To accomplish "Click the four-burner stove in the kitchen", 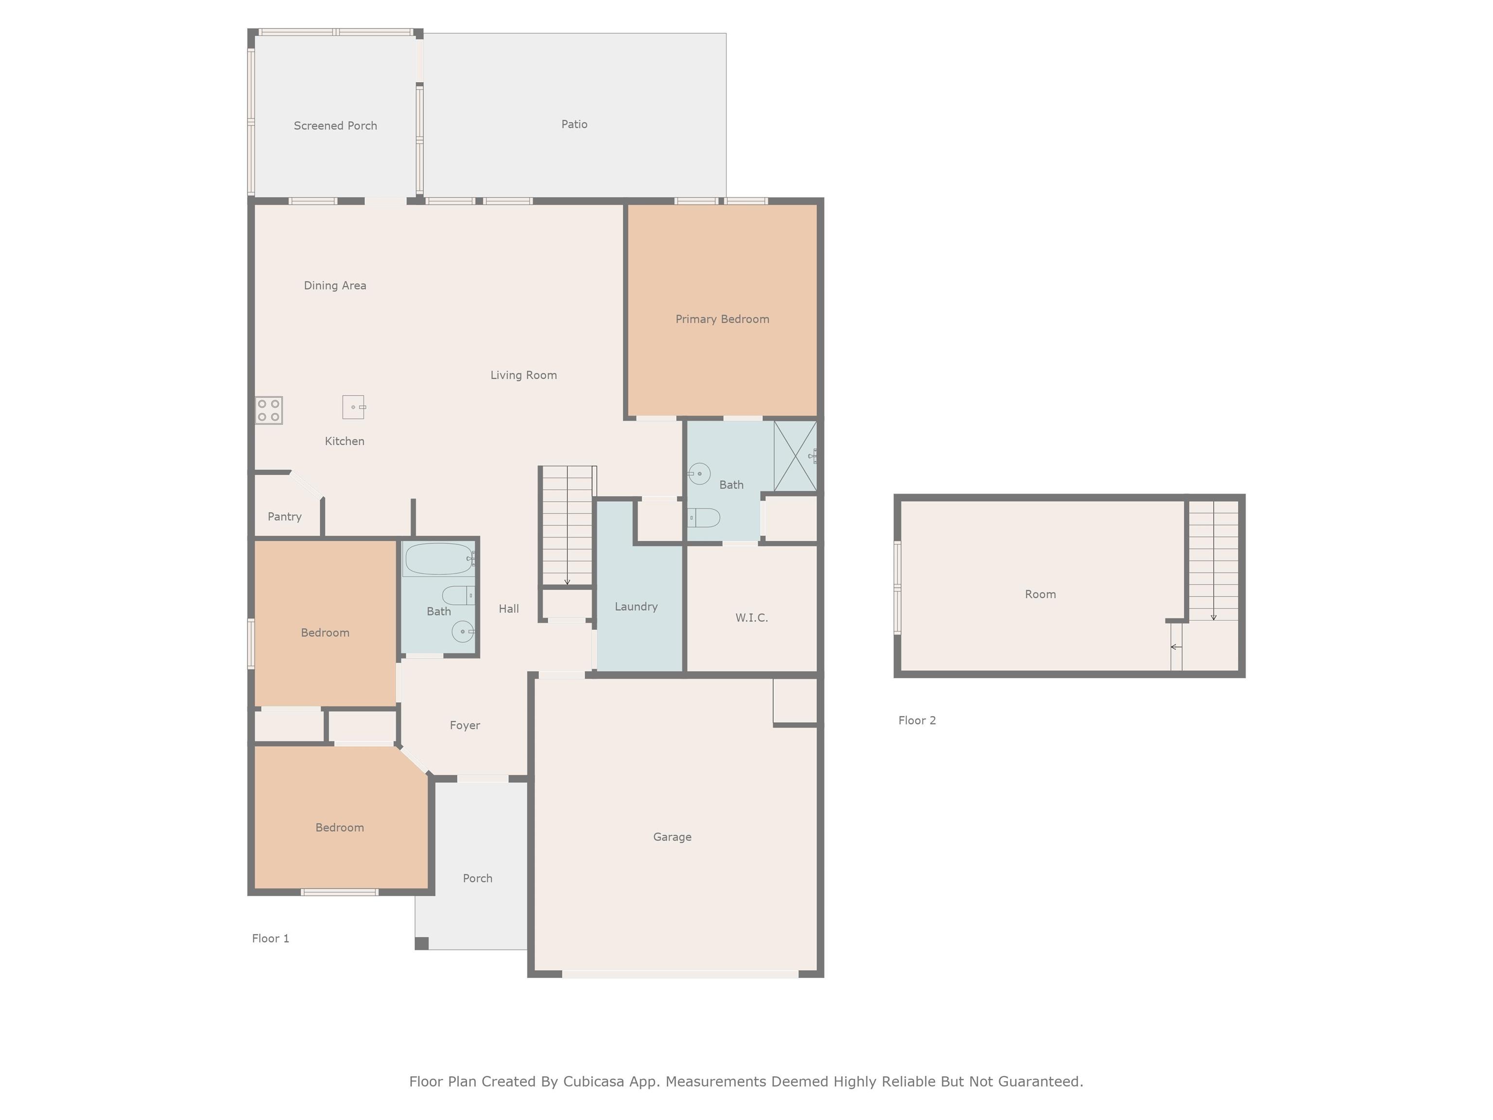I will tap(269, 410).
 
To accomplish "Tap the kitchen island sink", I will tap(353, 407).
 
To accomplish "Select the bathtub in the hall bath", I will tap(439, 559).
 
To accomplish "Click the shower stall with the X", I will tap(795, 456).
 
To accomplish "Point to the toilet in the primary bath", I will tap(704, 518).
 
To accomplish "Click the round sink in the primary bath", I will tap(699, 473).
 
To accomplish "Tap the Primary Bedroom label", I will tap(722, 319).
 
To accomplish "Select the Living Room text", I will tap(523, 375).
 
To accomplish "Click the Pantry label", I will tap(284, 516).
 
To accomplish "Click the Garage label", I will tap(672, 837).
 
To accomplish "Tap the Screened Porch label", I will tap(335, 125).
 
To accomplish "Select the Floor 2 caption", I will tap(917, 720).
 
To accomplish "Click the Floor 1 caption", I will tap(270, 938).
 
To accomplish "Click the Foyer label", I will tap(464, 726).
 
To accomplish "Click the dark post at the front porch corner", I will tap(421, 943).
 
